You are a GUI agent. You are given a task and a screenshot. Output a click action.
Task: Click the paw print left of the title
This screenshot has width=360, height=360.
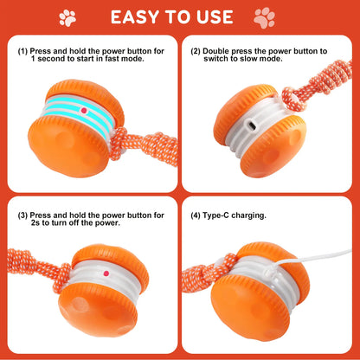(x=67, y=16)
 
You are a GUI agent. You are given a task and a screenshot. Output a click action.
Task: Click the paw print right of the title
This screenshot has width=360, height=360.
(x=264, y=16)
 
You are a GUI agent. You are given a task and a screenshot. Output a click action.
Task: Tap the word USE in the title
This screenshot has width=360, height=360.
(x=214, y=17)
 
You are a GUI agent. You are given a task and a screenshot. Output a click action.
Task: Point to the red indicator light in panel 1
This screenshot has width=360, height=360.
(x=82, y=111)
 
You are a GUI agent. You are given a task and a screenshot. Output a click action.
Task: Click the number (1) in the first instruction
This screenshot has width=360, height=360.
(x=23, y=51)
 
